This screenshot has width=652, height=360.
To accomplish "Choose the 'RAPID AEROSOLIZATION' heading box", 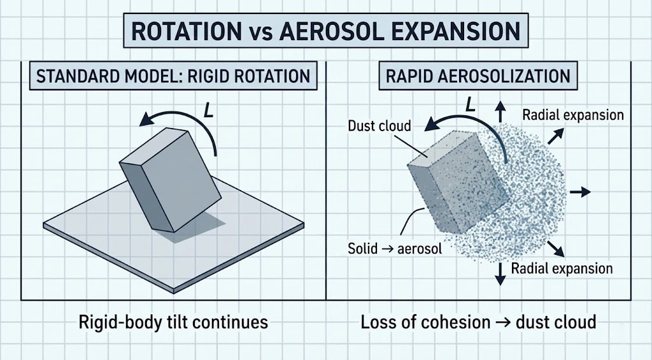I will point(479,76).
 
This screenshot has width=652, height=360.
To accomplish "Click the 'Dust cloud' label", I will point(379,126).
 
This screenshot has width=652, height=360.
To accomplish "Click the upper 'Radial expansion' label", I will point(572,115).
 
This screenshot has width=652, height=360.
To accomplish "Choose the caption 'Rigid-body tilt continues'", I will point(173,322).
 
